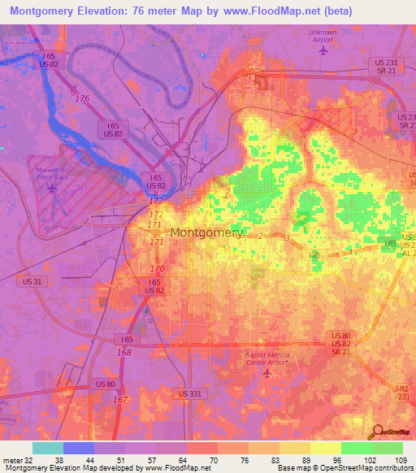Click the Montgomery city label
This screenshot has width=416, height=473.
coord(206,232)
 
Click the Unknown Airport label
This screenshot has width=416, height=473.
coord(323,36)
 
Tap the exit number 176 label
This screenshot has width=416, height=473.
coord(82,98)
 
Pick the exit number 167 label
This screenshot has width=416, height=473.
coord(120,399)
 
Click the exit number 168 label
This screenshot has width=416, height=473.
coord(124,352)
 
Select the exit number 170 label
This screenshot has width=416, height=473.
coord(158,268)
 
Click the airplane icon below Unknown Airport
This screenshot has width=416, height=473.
coord(323,50)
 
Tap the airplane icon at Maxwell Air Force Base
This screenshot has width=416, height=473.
coord(53,189)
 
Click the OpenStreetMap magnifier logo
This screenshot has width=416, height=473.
coord(379,431)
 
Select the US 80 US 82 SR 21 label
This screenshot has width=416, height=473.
coord(340,342)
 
